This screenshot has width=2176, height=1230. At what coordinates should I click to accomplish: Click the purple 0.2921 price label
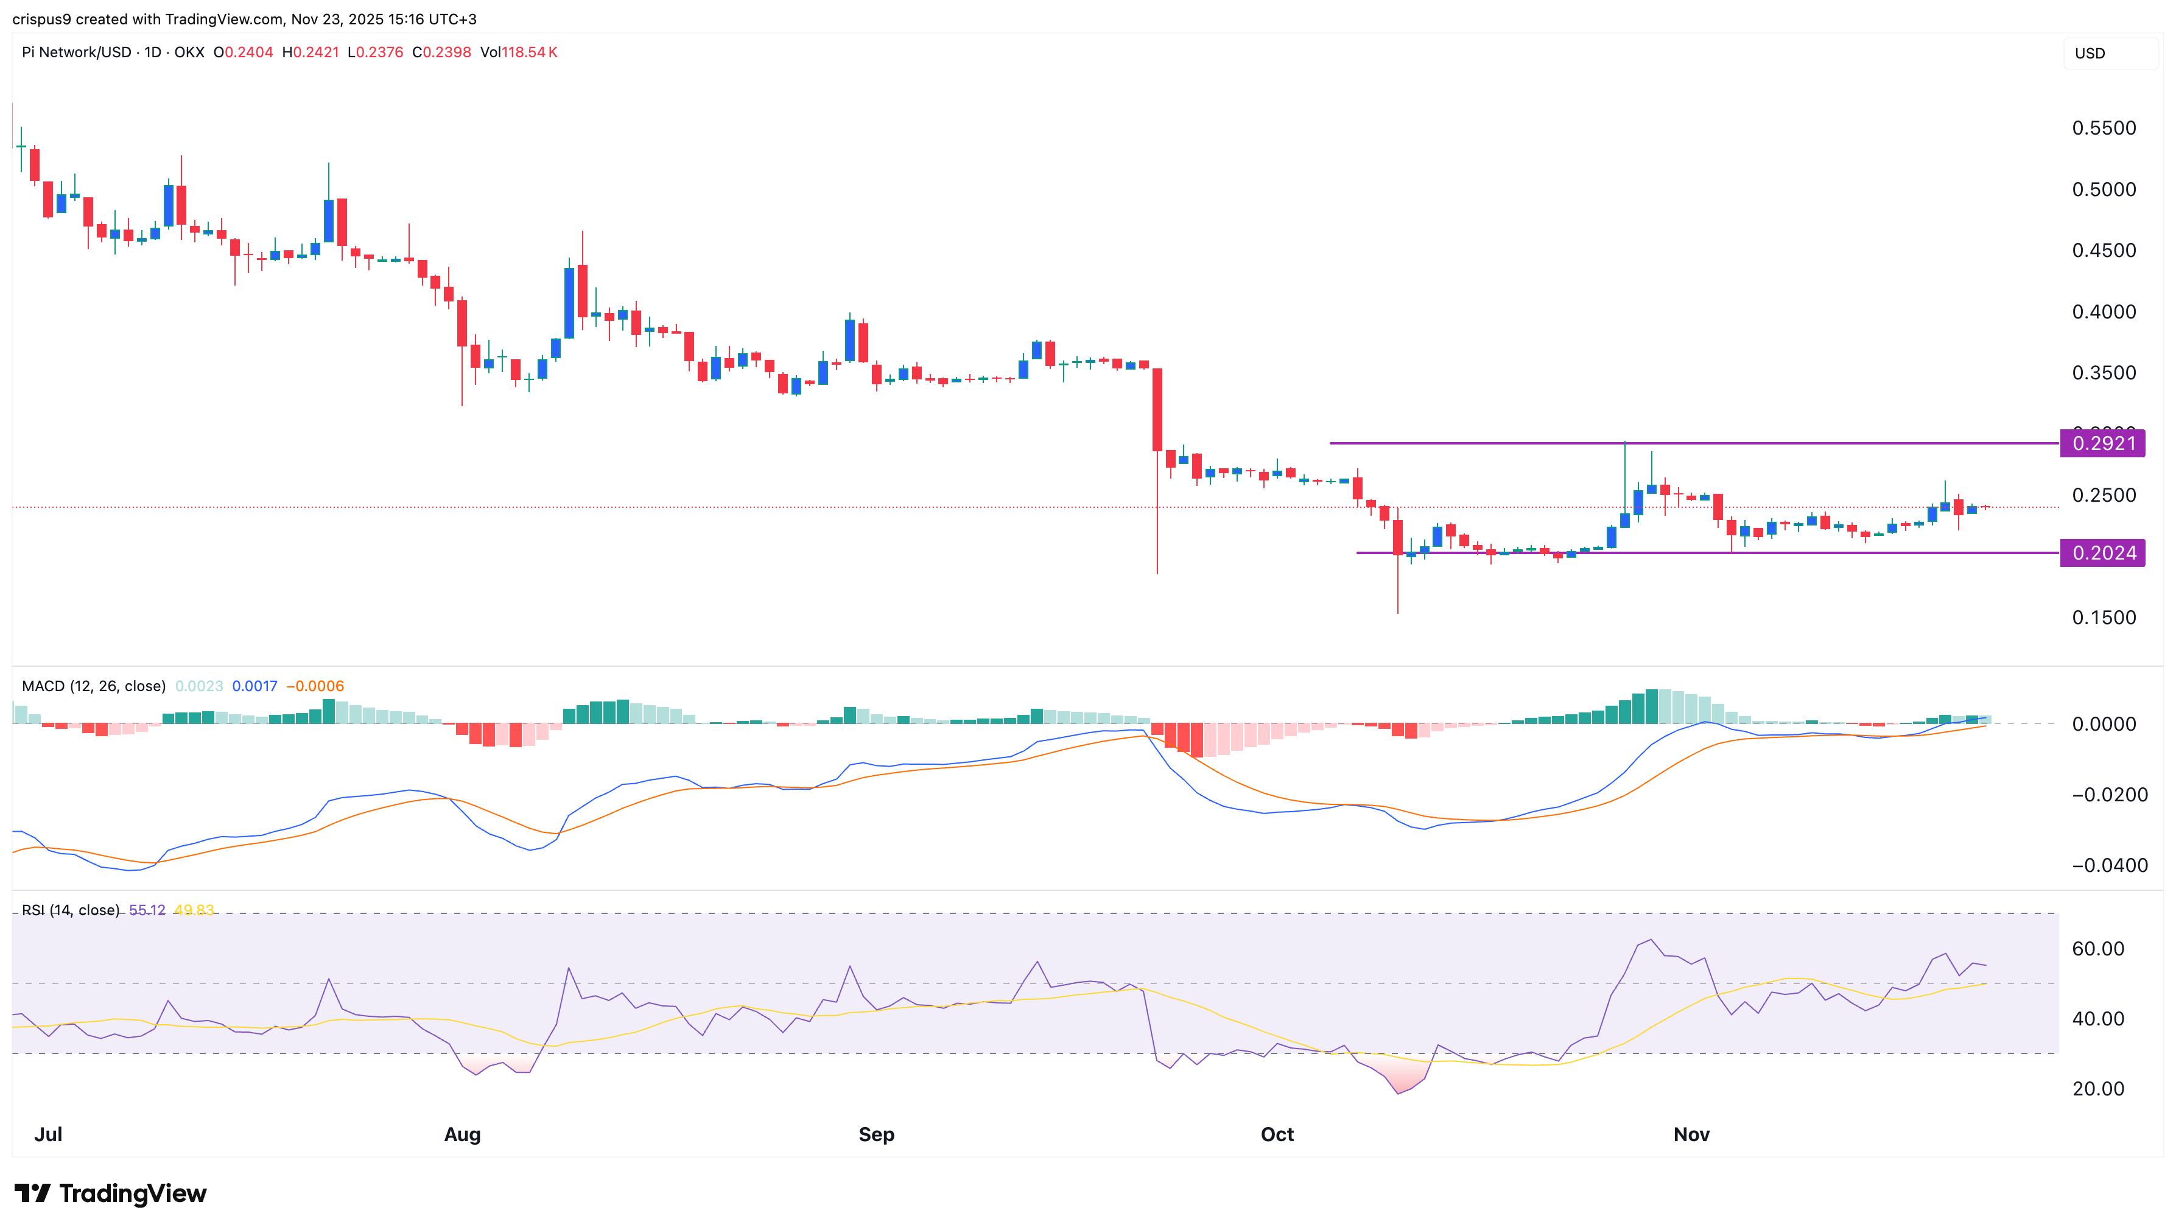pyautogui.click(x=2102, y=443)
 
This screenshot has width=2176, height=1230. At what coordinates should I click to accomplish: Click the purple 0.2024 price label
pyautogui.click(x=2102, y=553)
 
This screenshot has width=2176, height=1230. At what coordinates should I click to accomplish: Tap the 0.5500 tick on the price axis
pyautogui.click(x=2104, y=128)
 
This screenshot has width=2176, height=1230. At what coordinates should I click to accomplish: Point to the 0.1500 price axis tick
pyautogui.click(x=2104, y=617)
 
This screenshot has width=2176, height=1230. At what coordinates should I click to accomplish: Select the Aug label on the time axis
pyautogui.click(x=462, y=1134)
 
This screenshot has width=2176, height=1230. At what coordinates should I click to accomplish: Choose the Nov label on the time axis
pyautogui.click(x=1691, y=1134)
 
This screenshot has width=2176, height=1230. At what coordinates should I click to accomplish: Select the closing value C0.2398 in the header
pyautogui.click(x=441, y=52)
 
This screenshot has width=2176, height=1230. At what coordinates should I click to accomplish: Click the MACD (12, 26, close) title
pyautogui.click(x=94, y=686)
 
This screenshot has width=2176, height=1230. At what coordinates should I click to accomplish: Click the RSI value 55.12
pyautogui.click(x=147, y=910)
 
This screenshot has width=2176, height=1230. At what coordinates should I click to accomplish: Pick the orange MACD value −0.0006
pyautogui.click(x=315, y=686)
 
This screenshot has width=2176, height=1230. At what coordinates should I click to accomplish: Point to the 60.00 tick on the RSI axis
pyautogui.click(x=2097, y=949)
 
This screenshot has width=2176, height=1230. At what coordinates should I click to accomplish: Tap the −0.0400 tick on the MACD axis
pyautogui.click(x=2109, y=865)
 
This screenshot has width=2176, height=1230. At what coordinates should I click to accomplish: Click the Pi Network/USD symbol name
pyautogui.click(x=76, y=52)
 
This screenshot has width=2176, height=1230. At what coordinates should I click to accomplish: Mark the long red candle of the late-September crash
pyautogui.click(x=1156, y=410)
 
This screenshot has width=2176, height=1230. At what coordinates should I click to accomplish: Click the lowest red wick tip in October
pyautogui.click(x=1397, y=611)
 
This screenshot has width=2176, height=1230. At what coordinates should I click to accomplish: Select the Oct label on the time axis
pyautogui.click(x=1276, y=1134)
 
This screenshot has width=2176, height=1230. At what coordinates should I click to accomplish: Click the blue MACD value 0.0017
pyautogui.click(x=254, y=686)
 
